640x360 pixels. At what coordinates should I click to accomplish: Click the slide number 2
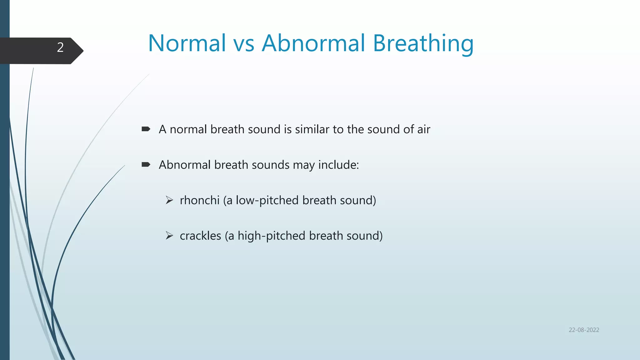point(60,47)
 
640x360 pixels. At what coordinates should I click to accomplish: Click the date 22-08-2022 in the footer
point(584,330)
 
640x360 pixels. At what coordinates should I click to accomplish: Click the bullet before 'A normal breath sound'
point(146,129)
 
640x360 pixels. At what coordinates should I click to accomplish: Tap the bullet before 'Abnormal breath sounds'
point(146,164)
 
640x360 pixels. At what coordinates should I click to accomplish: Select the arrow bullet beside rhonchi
point(169,200)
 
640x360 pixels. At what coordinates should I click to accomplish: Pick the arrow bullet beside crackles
point(169,235)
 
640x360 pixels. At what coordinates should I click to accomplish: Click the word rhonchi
point(200,200)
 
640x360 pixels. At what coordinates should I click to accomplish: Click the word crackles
point(200,236)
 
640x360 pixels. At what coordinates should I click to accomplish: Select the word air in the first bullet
point(423,129)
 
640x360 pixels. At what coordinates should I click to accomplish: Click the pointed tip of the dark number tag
point(83,51)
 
